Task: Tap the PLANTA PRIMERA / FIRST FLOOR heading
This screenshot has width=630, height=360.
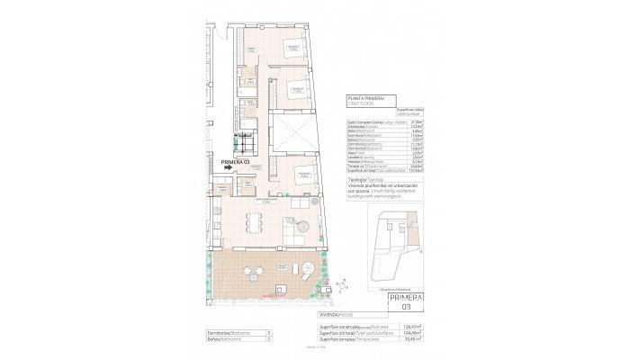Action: (x=364, y=101)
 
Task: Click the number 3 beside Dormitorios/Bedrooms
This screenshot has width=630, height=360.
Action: (x=269, y=333)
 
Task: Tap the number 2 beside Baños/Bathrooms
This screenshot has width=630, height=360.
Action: (x=269, y=340)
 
